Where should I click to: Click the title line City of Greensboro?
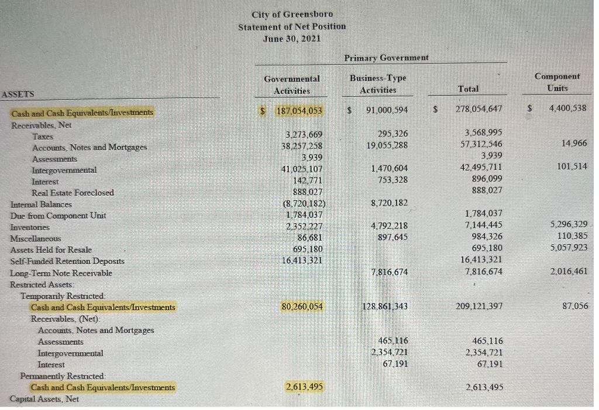click(x=292, y=14)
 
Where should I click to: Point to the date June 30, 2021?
click(x=292, y=39)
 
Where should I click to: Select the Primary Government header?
click(x=386, y=58)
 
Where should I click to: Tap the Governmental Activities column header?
click(x=292, y=84)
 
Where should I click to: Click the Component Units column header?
click(x=557, y=82)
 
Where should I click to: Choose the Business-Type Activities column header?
click(x=378, y=84)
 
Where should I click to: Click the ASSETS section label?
click(x=18, y=94)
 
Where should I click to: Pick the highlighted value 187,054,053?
click(x=299, y=110)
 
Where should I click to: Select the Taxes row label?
click(x=43, y=136)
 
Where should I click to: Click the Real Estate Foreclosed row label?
click(x=73, y=193)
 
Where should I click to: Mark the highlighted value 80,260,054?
click(x=302, y=307)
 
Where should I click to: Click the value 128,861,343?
click(x=384, y=307)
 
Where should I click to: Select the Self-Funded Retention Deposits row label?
click(x=67, y=261)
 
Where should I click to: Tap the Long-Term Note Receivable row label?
click(x=61, y=273)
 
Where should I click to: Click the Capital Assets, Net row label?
click(x=44, y=399)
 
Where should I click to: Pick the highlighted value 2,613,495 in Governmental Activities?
click(x=303, y=387)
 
